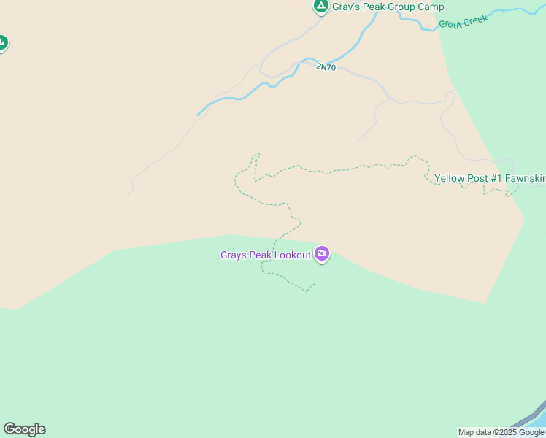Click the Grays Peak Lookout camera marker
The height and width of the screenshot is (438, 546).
pyautogui.click(x=322, y=254)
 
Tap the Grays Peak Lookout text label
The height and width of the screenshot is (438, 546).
pyautogui.click(x=266, y=255)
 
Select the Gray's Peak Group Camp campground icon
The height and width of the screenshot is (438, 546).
pyautogui.click(x=320, y=7)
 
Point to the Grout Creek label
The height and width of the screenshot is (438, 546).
pyautogui.click(x=463, y=22)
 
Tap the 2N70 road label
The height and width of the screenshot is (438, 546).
pyautogui.click(x=326, y=67)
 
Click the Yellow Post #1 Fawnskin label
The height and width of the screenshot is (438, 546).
pyautogui.click(x=490, y=178)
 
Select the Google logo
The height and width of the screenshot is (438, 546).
pyautogui.click(x=24, y=429)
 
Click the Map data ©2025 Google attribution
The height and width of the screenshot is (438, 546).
pyautogui.click(x=501, y=432)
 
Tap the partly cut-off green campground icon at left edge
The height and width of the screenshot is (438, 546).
pyautogui.click(x=2, y=43)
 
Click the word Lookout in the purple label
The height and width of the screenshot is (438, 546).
pyautogui.click(x=292, y=255)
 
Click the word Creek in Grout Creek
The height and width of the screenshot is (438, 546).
pyautogui.click(x=475, y=20)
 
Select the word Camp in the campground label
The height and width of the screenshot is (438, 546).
pyautogui.click(x=431, y=7)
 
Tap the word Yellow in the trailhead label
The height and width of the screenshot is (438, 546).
pyautogui.click(x=449, y=178)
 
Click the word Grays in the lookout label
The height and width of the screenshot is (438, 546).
pyautogui.click(x=233, y=255)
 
